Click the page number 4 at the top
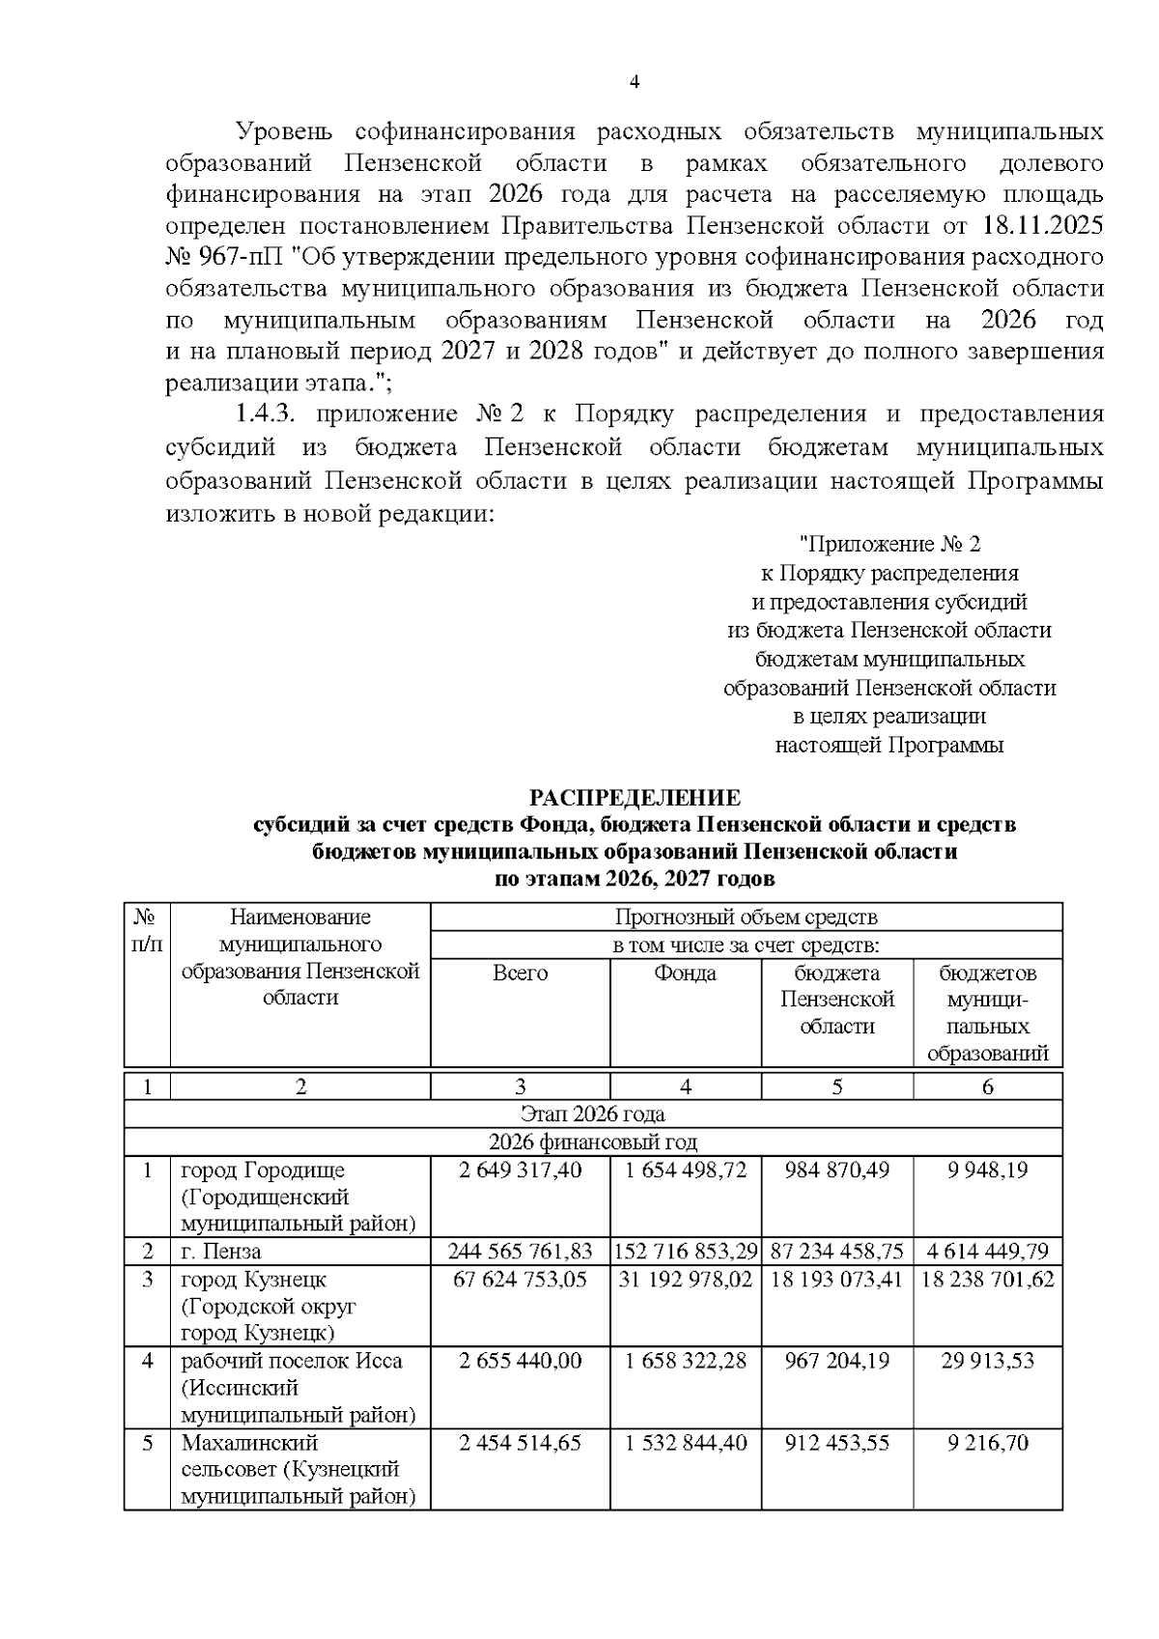[x=635, y=82]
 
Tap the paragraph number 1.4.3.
[x=270, y=414]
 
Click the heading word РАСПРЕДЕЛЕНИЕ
[x=635, y=798]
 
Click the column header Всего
[x=520, y=973]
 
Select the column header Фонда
[x=685, y=973]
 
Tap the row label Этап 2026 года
[x=592, y=1114]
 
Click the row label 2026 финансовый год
[x=592, y=1142]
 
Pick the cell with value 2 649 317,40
[x=520, y=1170]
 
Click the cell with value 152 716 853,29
[x=685, y=1252]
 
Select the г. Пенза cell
[x=221, y=1252]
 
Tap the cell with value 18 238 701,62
[x=987, y=1279]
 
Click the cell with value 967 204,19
[x=836, y=1361]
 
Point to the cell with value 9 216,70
[x=987, y=1443]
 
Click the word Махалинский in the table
[x=237, y=1443]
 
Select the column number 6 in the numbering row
[x=987, y=1087]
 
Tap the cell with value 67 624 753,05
[x=520, y=1279]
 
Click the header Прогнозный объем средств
[x=746, y=917]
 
